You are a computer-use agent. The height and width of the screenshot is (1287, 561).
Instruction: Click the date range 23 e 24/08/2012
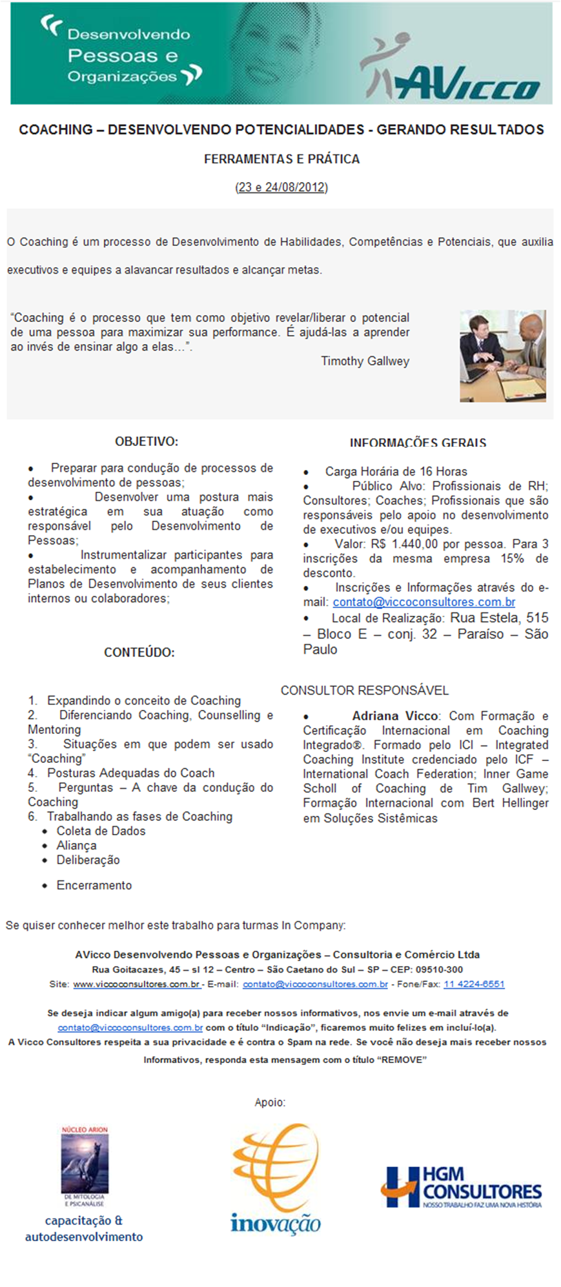[x=281, y=188]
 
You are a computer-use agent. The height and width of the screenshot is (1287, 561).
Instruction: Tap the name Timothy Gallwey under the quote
[x=365, y=361]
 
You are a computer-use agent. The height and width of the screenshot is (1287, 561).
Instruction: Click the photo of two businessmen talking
[x=502, y=356]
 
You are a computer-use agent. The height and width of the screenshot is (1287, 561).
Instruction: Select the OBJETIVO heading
[x=147, y=442]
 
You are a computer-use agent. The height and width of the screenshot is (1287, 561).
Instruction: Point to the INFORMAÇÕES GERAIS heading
[x=418, y=443]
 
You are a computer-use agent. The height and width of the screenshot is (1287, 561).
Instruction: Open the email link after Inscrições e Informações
[x=423, y=602]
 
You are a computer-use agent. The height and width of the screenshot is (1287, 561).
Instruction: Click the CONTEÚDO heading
[x=139, y=653]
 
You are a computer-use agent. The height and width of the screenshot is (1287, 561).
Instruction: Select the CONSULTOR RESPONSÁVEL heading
[x=364, y=691]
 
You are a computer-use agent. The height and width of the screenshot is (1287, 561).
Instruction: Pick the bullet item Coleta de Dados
[x=101, y=831]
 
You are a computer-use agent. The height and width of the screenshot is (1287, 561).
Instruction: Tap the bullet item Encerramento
[x=94, y=886]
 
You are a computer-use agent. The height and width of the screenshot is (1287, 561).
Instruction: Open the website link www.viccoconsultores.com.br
[x=136, y=984]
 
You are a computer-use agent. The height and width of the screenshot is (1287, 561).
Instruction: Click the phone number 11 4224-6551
[x=474, y=984]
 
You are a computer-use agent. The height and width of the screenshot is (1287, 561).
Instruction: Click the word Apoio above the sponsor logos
[x=270, y=1102]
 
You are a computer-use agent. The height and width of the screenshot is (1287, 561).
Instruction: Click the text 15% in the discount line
[x=512, y=559]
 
